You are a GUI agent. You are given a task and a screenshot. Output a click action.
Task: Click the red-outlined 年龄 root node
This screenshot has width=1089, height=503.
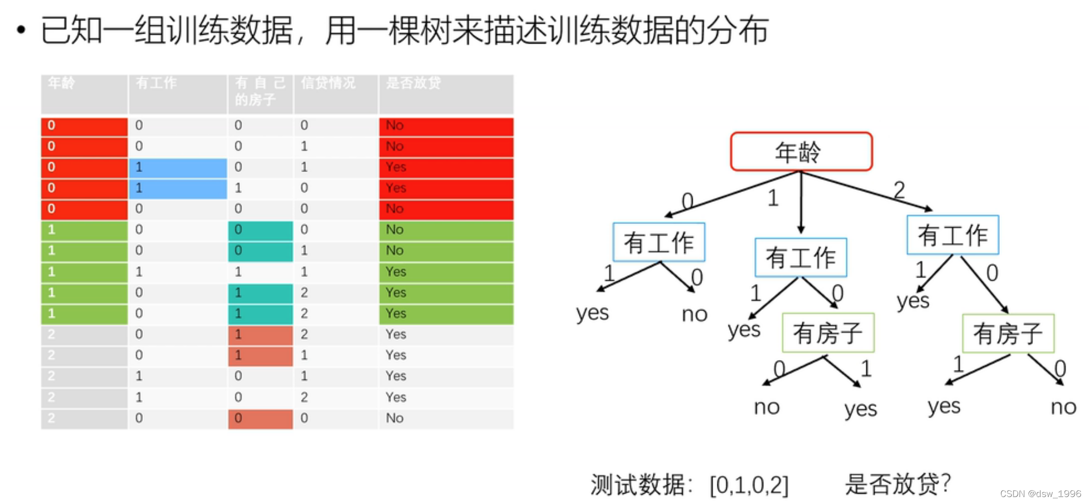801,152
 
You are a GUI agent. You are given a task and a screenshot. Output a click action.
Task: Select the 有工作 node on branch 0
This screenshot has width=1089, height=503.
659,243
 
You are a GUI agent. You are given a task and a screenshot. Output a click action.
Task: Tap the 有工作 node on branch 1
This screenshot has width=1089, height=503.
800,258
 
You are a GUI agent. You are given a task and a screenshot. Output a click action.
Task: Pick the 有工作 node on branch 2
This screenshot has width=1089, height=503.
953,235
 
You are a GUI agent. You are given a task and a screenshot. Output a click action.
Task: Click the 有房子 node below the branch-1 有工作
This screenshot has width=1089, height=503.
828,333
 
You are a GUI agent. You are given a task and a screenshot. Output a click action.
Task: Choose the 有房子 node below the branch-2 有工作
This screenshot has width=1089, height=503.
1008,333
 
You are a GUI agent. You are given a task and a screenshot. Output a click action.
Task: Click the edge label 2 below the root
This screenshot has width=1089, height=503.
899,189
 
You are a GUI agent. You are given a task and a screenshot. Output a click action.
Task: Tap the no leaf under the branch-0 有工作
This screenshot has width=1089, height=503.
695,314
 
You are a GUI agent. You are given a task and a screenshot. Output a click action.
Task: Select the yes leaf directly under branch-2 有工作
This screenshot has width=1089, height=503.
913,301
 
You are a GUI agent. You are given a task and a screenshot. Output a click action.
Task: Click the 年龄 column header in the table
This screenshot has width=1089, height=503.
62,83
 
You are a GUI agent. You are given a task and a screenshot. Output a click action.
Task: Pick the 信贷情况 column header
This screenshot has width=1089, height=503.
328,83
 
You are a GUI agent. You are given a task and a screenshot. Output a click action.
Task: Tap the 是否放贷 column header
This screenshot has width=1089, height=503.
413,83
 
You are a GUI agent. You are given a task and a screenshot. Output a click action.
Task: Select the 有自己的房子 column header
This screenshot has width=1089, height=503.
260,91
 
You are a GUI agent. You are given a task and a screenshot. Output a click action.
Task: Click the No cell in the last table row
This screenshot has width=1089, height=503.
395,418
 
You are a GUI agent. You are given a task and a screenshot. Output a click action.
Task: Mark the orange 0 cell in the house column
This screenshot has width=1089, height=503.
260,418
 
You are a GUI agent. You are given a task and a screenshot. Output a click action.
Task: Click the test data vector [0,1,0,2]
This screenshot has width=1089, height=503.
749,485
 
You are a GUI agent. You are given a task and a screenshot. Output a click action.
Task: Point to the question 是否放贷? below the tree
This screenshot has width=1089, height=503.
897,484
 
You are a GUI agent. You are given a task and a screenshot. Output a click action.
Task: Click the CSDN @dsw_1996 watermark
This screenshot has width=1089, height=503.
1040,494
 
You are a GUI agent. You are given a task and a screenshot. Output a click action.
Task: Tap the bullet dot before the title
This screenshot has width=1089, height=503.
21,30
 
